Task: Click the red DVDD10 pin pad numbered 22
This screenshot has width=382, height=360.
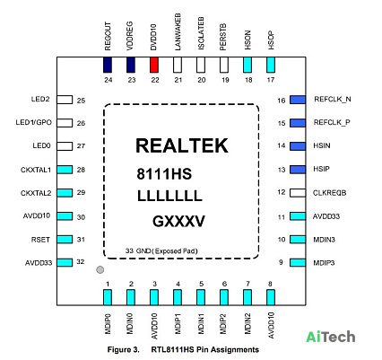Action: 154,65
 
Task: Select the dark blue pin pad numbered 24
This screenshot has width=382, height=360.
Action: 108,65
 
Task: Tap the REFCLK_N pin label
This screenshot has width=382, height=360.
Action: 333,100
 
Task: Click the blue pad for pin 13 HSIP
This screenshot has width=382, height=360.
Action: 298,170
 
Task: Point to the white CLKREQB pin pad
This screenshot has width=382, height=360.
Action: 298,193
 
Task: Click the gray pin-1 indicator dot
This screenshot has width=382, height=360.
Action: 100,269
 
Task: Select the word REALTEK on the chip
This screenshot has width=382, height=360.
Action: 182,145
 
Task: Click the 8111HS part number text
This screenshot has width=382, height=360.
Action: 164,174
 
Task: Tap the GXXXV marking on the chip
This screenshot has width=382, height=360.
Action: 178,222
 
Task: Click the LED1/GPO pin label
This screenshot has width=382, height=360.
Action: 34,122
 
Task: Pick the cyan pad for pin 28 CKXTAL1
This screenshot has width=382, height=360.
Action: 65,170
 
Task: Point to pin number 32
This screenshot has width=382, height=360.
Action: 81,262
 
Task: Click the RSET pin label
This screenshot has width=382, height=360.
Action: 40,240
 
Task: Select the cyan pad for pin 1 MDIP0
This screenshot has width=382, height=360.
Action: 108,297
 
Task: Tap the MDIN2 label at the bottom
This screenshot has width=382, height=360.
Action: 247,324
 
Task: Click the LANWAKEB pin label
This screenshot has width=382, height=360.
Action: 178,32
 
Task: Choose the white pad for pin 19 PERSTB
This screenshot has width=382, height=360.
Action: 224,65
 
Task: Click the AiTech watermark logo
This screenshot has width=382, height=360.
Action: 331,337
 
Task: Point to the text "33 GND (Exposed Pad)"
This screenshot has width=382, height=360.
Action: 161,250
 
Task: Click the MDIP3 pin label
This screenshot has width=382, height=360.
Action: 324,263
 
